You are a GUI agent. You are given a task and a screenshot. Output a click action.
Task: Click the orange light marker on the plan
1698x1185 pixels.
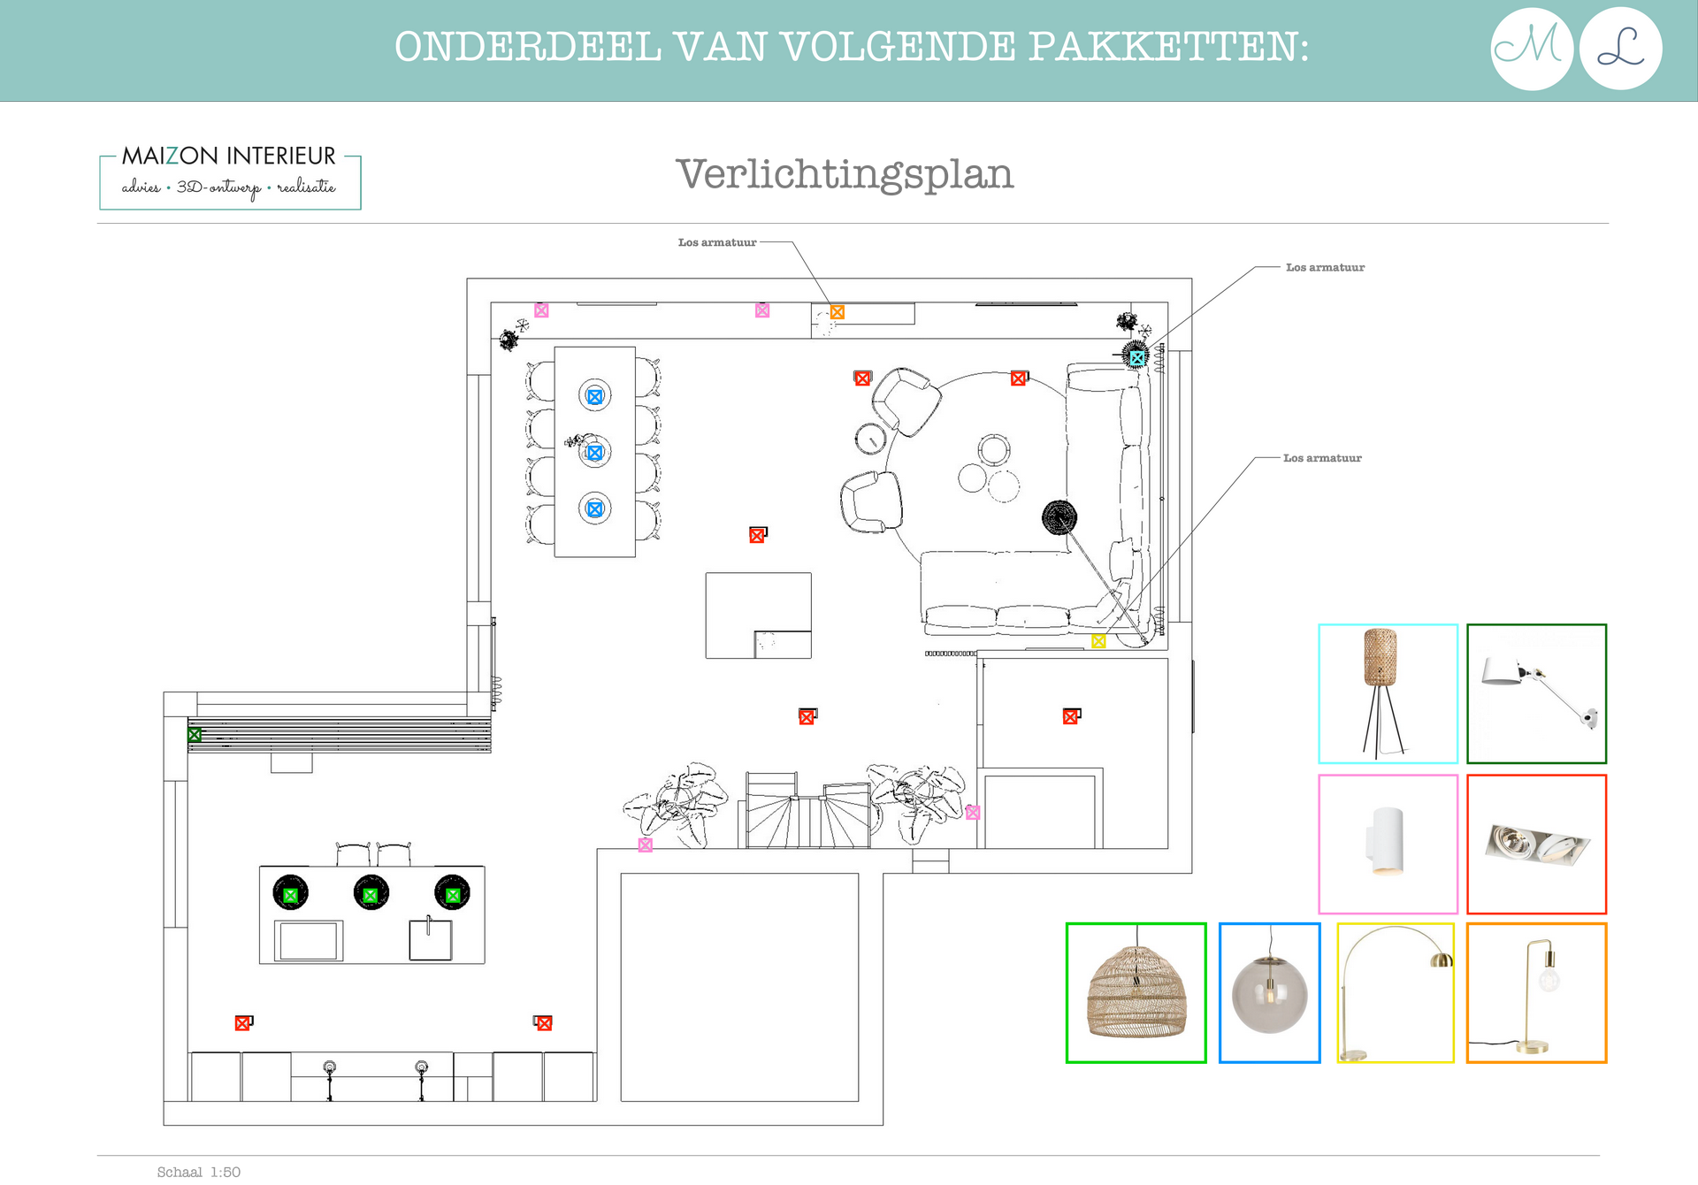pos(838,312)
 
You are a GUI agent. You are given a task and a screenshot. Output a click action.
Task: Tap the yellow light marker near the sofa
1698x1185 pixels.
pos(1098,641)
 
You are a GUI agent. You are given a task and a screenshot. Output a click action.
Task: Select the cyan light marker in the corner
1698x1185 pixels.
pos(1137,358)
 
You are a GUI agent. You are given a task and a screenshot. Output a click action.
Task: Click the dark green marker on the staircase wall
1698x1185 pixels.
pos(195,735)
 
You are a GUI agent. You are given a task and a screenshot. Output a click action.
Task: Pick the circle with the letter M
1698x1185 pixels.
pos(1532,49)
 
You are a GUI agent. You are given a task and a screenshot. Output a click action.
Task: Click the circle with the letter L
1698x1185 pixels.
pos(1621,49)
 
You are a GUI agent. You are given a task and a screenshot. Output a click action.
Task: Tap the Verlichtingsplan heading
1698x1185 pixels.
pos(845,174)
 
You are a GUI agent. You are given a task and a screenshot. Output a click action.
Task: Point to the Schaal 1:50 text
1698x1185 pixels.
pos(199,1172)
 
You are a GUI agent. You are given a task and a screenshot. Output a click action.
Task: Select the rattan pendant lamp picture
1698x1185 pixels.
pos(1136,993)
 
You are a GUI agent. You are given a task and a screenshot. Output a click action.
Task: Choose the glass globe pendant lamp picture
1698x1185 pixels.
pos(1270,993)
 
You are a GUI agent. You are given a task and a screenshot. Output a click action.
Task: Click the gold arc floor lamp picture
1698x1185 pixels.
pos(1396,993)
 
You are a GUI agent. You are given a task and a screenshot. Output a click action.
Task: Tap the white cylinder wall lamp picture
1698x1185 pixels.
pos(1388,845)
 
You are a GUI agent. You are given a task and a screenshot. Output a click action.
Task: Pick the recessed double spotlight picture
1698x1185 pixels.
pos(1537,845)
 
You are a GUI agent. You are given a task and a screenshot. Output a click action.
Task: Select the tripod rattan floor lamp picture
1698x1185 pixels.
pos(1388,694)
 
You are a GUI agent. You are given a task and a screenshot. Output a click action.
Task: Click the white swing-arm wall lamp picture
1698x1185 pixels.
pos(1537,694)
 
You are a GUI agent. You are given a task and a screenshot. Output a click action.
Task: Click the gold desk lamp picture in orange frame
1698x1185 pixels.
pos(1537,993)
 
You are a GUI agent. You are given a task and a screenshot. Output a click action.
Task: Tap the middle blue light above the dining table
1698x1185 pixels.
pos(595,453)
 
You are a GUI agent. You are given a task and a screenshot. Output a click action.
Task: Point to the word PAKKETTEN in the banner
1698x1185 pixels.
pos(1168,47)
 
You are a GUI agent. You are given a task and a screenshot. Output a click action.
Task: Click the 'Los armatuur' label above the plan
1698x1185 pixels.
pos(717,242)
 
